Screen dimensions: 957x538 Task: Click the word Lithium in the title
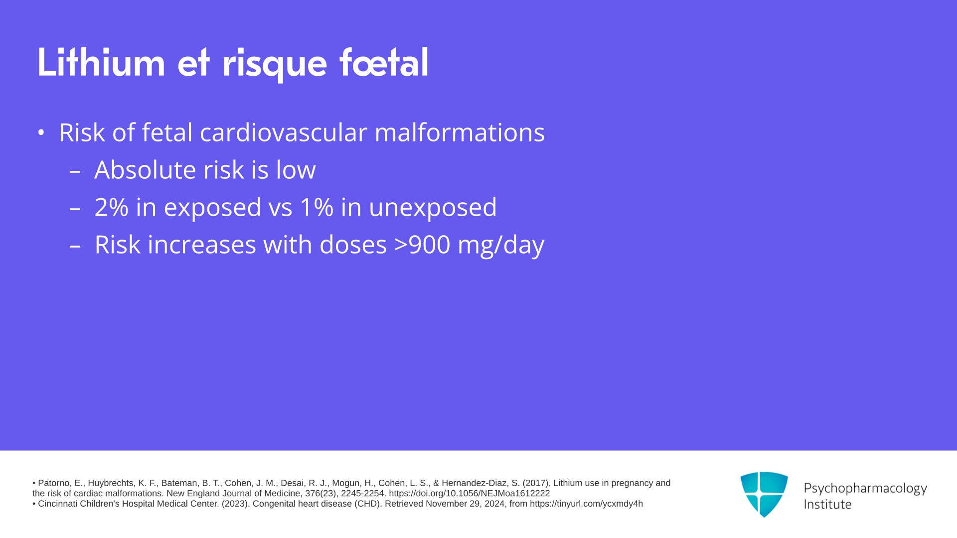(x=101, y=62)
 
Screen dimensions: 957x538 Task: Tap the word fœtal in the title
(x=384, y=62)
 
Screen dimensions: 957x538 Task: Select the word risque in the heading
(x=274, y=65)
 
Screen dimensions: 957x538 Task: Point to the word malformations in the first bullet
(x=460, y=133)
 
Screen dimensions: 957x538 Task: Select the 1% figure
(x=317, y=207)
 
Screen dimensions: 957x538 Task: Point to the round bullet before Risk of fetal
(x=41, y=133)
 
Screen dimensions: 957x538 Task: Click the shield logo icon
(x=764, y=494)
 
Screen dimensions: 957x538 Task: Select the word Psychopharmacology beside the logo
(x=865, y=489)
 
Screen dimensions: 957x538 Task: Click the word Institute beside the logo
(x=828, y=505)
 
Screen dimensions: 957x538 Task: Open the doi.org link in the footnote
(x=469, y=494)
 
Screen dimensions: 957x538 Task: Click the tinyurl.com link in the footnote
(x=586, y=504)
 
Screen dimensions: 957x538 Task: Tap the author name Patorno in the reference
(x=54, y=483)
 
